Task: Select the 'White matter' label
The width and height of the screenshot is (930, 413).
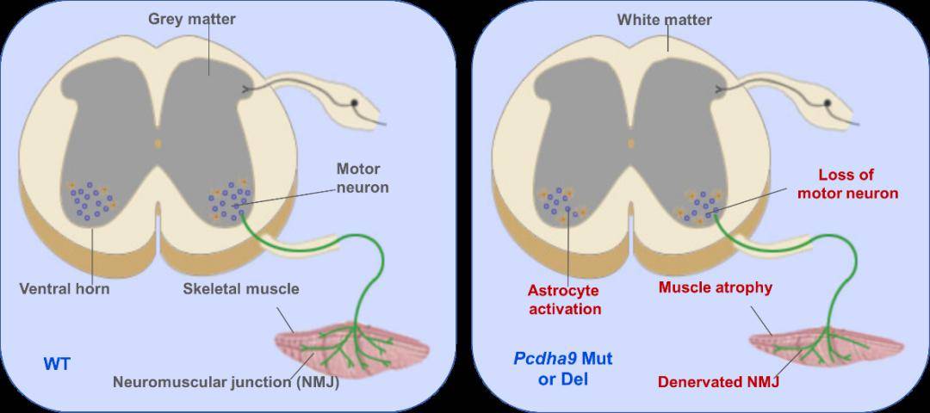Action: pos(664,19)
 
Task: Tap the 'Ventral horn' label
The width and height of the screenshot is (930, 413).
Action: pos(65,288)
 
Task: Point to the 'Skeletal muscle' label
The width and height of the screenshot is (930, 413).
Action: pos(241,288)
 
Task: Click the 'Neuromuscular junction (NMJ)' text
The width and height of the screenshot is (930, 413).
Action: pos(226,383)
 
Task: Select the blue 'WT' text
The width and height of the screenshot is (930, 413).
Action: pos(57,364)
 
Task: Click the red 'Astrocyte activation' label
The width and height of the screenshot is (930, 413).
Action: pos(565,299)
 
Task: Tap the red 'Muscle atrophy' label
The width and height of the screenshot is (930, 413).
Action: pos(715,287)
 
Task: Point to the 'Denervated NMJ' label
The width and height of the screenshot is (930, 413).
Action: pos(719,381)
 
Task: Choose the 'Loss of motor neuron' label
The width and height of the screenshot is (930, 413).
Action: pos(847,184)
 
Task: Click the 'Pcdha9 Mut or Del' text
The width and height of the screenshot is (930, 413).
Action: pos(563,367)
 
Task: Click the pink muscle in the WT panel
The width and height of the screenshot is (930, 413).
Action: pos(353,347)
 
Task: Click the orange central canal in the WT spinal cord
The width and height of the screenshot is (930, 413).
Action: pos(158,142)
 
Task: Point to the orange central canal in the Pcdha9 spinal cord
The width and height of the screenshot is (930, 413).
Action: pos(631,143)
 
